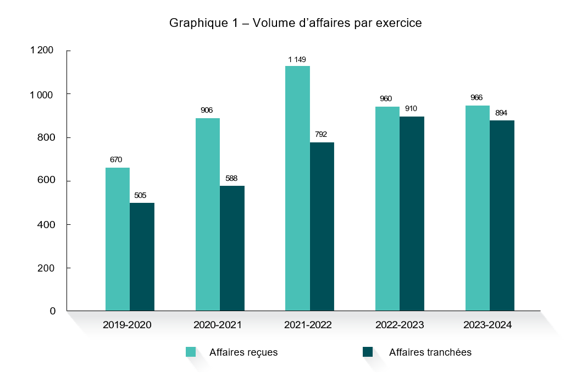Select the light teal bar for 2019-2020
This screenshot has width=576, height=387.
point(118,239)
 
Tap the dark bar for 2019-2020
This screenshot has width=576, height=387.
point(142,257)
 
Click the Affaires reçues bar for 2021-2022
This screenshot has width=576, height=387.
point(297,188)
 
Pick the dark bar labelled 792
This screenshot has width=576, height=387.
point(322,226)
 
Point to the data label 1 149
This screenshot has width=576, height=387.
point(297,59)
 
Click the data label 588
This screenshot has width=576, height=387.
point(231,178)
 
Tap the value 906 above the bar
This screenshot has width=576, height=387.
point(207,110)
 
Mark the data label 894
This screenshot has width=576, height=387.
point(501,113)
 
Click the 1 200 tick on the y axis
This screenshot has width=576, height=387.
point(42,51)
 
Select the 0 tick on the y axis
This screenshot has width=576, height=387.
point(53,311)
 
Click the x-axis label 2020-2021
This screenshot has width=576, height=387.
point(217,325)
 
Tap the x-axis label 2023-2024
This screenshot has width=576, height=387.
point(488,325)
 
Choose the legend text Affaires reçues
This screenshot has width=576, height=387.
point(243,352)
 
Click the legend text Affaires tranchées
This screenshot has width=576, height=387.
point(430,352)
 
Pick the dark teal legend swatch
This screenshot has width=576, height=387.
point(368,352)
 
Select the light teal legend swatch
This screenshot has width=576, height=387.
point(191,352)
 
